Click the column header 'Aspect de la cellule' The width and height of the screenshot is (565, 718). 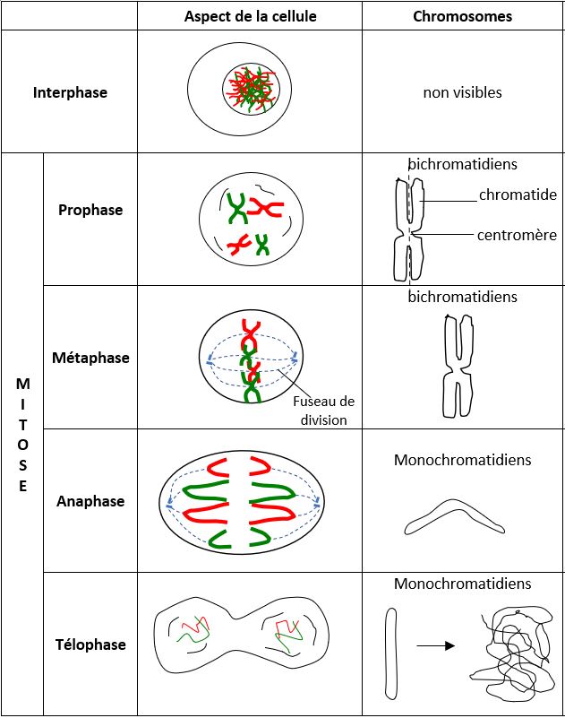tap(250, 16)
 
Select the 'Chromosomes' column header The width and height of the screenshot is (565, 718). tap(463, 16)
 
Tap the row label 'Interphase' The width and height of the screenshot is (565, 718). tap(70, 92)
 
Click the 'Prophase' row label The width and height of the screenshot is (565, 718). tap(90, 210)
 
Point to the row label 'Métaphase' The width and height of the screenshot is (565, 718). tap(90, 358)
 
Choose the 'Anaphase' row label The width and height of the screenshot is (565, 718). tap(90, 501)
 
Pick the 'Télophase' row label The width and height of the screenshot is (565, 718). tap(90, 644)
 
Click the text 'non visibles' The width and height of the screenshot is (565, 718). tap(463, 92)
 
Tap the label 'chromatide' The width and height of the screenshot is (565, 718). tap(518, 195)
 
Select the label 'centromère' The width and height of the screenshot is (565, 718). tap(517, 235)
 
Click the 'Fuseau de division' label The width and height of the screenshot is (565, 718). tap(324, 411)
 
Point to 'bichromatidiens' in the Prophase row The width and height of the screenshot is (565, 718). tap(463, 164)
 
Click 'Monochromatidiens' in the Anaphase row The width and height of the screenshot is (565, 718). tap(463, 460)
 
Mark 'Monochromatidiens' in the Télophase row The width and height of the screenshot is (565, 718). tap(463, 584)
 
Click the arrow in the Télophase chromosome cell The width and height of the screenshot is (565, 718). tap(435, 645)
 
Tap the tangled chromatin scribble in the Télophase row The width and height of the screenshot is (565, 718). tap(512, 648)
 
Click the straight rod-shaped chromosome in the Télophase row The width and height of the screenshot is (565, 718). tap(390, 653)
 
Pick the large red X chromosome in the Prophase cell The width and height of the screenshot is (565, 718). tap(264, 207)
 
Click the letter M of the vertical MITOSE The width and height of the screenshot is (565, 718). tap(23, 384)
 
